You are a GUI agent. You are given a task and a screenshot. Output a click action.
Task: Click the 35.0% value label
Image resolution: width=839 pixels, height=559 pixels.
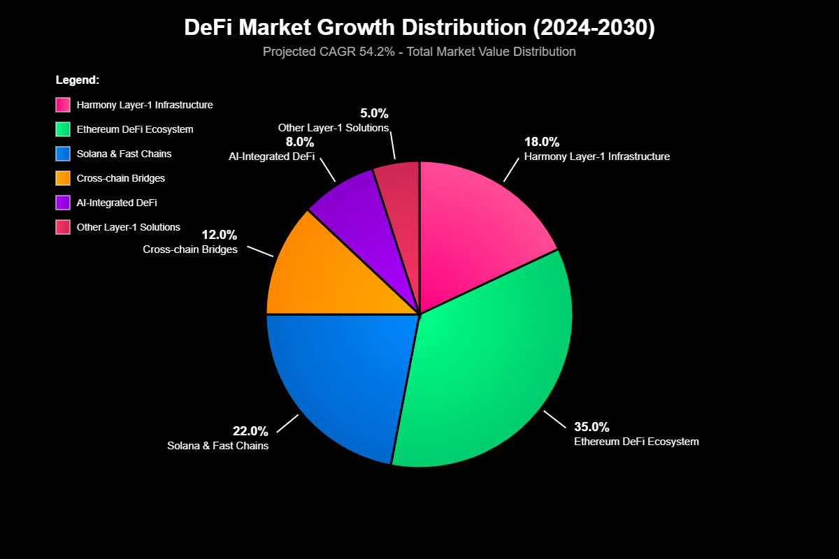pos(591,426)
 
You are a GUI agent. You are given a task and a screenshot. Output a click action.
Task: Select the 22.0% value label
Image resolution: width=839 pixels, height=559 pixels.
pos(250,430)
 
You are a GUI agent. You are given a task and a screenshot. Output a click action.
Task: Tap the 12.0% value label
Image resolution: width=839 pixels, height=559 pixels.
pos(220,234)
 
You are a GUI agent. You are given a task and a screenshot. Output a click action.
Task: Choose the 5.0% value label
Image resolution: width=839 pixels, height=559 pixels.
pos(374,113)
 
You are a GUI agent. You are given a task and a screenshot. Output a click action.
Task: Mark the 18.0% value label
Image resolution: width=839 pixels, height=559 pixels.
pos(542,142)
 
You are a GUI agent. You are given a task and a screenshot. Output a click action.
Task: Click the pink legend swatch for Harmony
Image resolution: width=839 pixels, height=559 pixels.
pos(63,105)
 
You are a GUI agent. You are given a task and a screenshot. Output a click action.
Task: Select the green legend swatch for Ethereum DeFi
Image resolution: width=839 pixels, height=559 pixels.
pos(63,129)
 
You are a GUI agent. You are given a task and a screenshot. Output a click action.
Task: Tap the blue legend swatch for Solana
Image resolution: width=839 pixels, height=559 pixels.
pos(63,154)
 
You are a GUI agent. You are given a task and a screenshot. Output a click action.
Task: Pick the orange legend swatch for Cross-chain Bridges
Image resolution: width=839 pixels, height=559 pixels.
pos(63,178)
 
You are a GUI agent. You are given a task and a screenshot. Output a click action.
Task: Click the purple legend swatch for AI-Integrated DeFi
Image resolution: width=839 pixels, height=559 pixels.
pos(63,203)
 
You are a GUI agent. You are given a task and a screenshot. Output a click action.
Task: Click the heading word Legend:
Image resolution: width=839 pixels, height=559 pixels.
pos(78,80)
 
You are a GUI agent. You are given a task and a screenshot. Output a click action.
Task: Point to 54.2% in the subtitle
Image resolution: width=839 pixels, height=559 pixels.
pos(369,52)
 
